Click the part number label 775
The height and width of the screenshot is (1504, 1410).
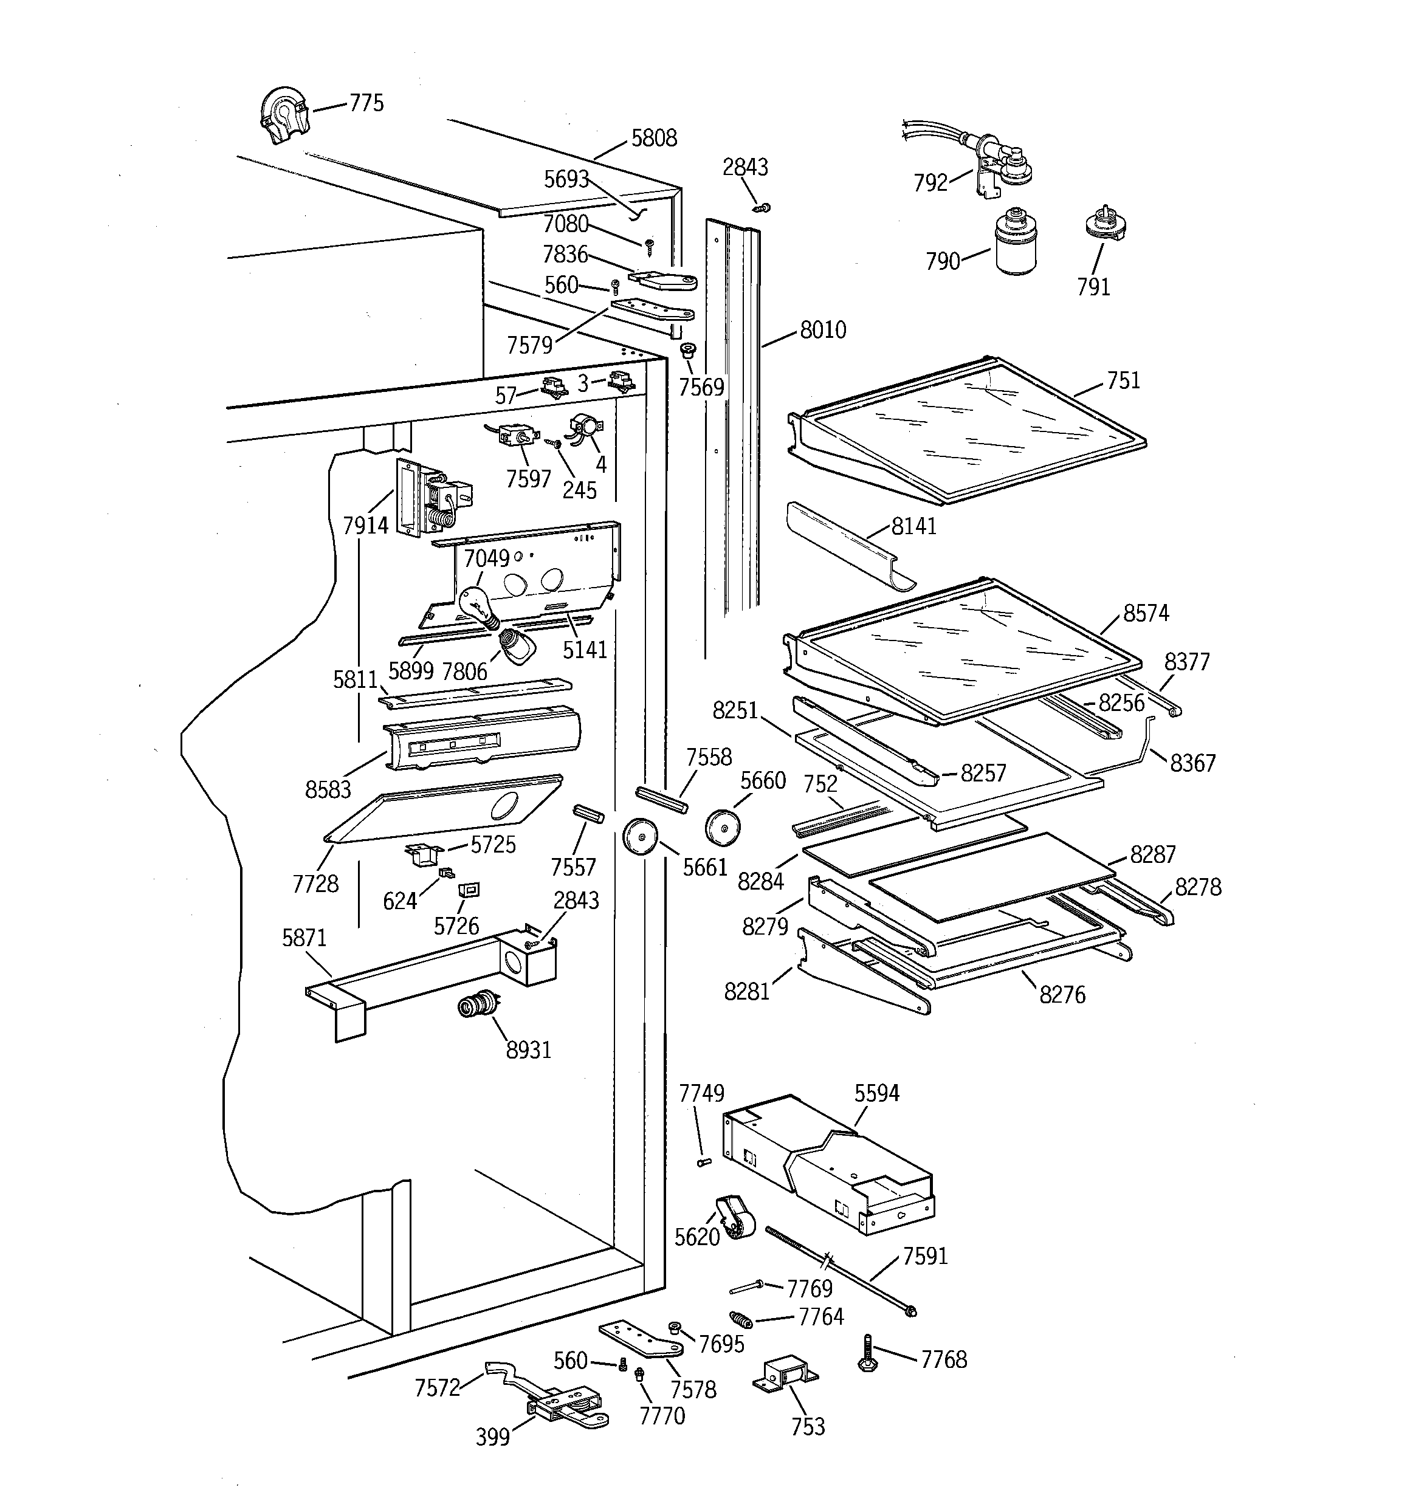(x=366, y=103)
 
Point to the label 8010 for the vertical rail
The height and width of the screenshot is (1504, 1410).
(x=823, y=330)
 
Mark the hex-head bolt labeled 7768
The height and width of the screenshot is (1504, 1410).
(x=868, y=1353)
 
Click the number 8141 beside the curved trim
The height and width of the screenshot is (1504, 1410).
(x=913, y=526)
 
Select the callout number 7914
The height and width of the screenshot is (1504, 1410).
(x=365, y=525)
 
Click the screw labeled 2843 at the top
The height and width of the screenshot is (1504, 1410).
(x=765, y=207)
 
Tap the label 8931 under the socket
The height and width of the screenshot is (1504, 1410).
(x=528, y=1050)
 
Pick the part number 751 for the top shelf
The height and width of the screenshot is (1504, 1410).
(x=1123, y=380)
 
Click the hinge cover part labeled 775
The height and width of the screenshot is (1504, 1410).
(x=281, y=115)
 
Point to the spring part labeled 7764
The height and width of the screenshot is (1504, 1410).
(x=741, y=1321)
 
